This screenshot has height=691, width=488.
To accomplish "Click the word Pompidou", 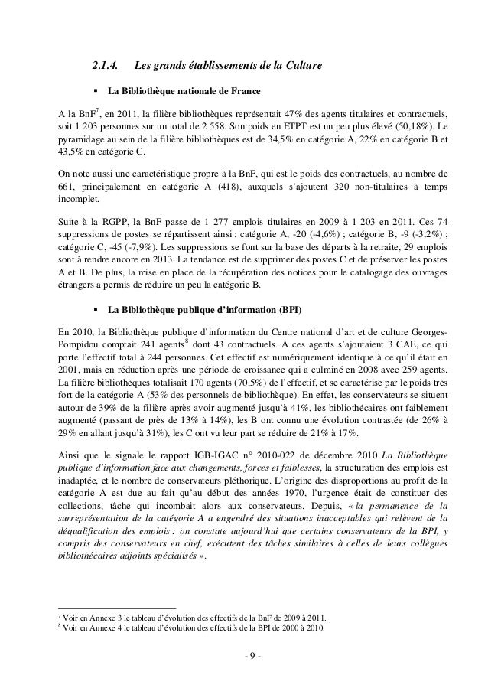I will point(70,345).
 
